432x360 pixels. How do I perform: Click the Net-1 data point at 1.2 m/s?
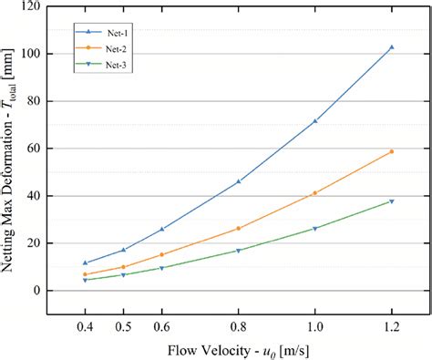[x=392, y=47]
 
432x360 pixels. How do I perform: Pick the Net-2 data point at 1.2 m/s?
[x=392, y=151]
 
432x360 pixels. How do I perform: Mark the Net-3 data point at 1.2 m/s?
[x=392, y=201]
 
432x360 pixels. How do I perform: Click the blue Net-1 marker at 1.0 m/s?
[x=315, y=121]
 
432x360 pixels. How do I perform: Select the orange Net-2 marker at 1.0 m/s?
[x=315, y=193]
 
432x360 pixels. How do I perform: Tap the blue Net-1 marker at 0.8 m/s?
[x=239, y=181]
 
